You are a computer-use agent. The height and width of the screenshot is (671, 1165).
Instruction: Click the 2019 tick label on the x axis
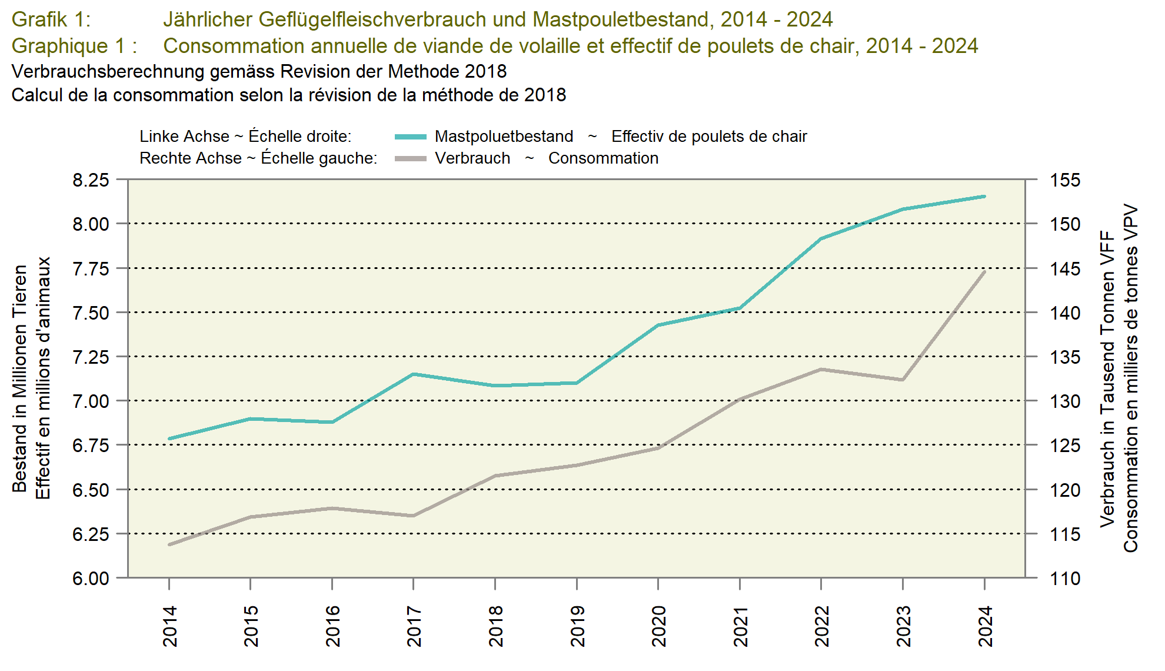pyautogui.click(x=577, y=626)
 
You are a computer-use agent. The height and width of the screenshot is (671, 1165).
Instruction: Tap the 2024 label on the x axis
pyautogui.click(x=985, y=626)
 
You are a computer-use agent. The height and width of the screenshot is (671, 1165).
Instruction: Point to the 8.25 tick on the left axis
pyautogui.click(x=91, y=180)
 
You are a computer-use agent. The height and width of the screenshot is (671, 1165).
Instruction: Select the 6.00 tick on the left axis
pyautogui.click(x=91, y=578)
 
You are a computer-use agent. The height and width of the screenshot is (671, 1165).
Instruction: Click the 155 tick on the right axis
pyautogui.click(x=1065, y=180)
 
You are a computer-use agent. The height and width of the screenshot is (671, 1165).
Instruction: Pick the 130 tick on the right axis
pyautogui.click(x=1065, y=401)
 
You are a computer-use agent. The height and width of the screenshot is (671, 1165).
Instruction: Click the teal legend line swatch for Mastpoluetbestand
pyautogui.click(x=410, y=137)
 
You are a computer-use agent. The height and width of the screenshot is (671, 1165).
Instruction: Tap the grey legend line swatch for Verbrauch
pyautogui.click(x=410, y=158)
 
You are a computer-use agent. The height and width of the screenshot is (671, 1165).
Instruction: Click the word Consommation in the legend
pyautogui.click(x=603, y=158)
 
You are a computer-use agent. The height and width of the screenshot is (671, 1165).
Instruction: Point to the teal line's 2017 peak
pyautogui.click(x=414, y=374)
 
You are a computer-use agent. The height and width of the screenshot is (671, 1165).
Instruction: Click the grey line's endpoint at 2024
pyautogui.click(x=984, y=272)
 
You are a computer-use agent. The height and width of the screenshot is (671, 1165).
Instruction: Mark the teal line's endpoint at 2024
pyautogui.click(x=984, y=196)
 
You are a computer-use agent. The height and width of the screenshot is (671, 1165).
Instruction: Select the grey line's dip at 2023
pyautogui.click(x=903, y=380)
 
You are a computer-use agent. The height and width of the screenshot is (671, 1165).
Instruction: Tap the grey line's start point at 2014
pyautogui.click(x=169, y=544)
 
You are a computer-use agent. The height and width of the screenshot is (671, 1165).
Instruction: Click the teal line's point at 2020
pyautogui.click(x=658, y=325)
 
